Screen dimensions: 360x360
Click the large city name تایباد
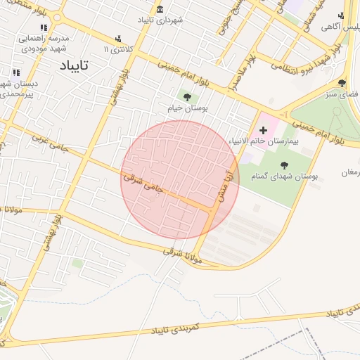[71, 66]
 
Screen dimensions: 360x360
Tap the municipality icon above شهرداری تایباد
[160, 9]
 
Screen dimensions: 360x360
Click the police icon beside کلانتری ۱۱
[118, 39]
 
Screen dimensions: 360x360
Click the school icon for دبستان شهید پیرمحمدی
[15, 72]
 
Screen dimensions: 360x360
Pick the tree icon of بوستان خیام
[187, 96]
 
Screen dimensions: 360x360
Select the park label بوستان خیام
[185, 108]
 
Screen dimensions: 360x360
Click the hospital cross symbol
[264, 130]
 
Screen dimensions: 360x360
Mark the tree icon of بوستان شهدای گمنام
[284, 165]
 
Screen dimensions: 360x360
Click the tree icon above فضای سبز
[342, 82]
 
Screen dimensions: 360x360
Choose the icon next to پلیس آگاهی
[341, 15]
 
